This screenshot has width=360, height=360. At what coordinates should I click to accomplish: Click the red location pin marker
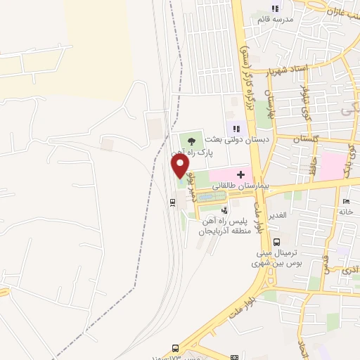click(x=180, y=166)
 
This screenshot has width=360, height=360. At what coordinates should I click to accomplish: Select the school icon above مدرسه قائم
click(x=276, y=8)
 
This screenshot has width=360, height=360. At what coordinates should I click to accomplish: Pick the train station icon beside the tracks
click(x=172, y=202)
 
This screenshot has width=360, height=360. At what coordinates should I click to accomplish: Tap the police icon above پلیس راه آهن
click(x=224, y=210)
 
